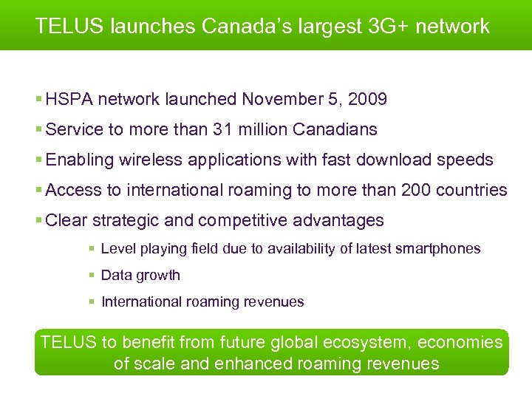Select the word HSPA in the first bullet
(68, 99)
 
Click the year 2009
(366, 99)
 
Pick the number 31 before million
(222, 129)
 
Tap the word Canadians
(335, 129)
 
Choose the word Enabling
(77, 160)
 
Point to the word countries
(471, 190)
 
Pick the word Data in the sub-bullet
(115, 275)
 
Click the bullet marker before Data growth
(91, 276)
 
